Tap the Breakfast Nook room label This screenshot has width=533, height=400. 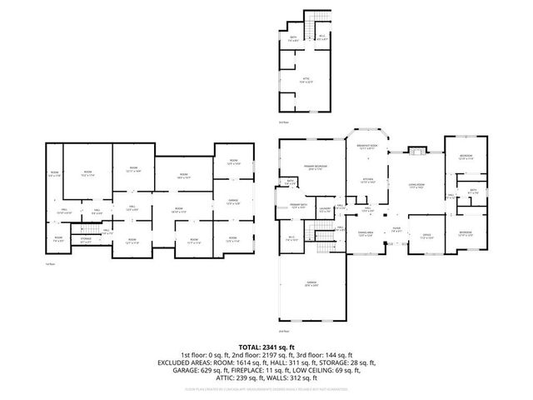367,147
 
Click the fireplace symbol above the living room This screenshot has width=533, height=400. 418,151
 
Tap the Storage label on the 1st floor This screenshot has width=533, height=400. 85,240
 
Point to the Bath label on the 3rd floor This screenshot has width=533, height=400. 293,38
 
